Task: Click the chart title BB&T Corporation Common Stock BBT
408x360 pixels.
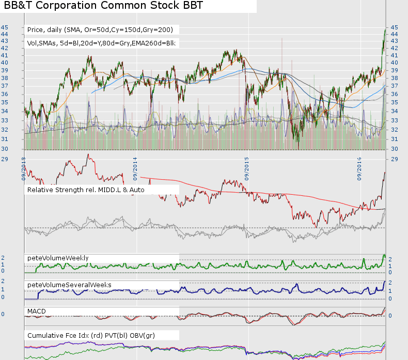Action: point(104,6)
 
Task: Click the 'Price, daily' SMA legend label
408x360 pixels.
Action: point(100,29)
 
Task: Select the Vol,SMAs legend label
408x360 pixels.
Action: point(101,43)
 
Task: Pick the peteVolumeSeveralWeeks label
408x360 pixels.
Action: point(69,285)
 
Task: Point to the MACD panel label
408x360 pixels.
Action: point(37,310)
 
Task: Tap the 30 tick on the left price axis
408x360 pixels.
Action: point(4,149)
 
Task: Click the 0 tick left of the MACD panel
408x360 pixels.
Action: point(3,314)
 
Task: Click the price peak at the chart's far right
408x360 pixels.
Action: point(385,29)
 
